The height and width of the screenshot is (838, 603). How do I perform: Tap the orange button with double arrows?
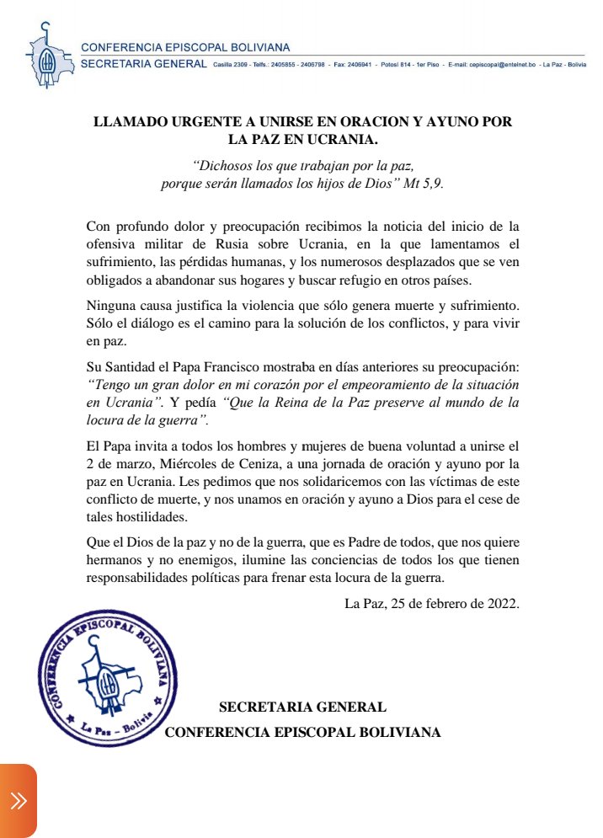[x=19, y=801]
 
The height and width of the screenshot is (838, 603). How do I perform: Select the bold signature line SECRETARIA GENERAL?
[x=302, y=707]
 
